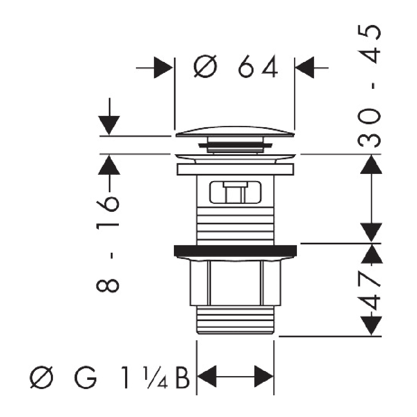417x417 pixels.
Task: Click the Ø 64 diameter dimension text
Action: click(236, 66)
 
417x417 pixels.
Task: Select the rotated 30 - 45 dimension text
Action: click(369, 86)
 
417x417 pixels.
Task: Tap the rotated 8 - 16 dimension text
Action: click(108, 244)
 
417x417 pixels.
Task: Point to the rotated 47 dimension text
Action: click(369, 291)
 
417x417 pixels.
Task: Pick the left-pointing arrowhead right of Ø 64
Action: click(305, 68)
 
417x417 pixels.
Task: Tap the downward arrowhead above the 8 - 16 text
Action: click(109, 125)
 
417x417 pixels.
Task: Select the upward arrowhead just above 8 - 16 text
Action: click(109, 165)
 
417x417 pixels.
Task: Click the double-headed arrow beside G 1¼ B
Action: click(235, 376)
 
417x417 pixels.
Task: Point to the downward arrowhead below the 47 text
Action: click(371, 326)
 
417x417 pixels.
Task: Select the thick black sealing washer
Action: click(235, 251)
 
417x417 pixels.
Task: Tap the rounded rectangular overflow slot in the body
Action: click(235, 192)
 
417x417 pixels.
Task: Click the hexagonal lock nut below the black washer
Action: click(235, 283)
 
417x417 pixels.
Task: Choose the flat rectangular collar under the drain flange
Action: click(235, 169)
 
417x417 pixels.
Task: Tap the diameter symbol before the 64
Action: click(205, 66)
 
